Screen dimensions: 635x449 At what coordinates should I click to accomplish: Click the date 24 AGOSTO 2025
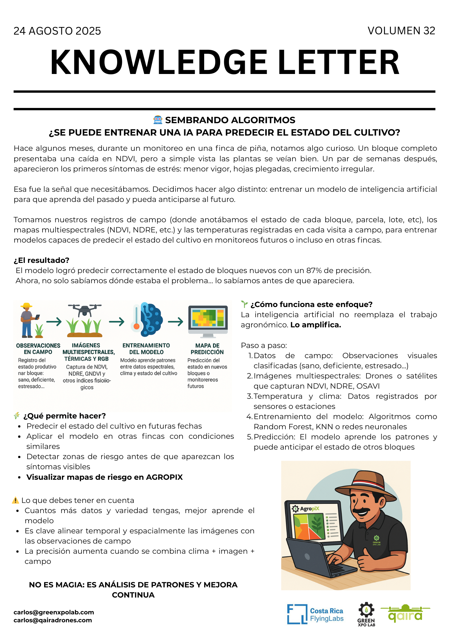[x=57, y=31]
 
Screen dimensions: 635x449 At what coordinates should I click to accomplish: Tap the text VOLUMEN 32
[x=401, y=31]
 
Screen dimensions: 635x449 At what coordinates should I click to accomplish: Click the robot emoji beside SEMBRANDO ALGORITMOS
[x=158, y=120]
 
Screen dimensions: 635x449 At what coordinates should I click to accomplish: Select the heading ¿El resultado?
[x=41, y=260]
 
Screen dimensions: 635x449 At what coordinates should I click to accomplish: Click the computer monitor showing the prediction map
[x=208, y=321]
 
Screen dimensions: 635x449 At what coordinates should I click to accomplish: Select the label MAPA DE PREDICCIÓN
[x=207, y=349]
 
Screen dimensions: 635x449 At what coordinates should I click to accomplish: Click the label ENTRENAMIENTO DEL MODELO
[x=146, y=349]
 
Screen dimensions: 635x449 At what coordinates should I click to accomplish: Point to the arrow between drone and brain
[x=117, y=322]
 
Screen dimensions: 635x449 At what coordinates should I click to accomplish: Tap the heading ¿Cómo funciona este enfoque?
[x=311, y=304]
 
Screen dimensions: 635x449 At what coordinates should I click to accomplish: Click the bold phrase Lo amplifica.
[x=316, y=325]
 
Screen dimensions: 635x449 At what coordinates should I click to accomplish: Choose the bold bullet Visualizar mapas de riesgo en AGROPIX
[x=104, y=477]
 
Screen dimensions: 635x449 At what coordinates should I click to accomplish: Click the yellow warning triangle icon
[x=15, y=500]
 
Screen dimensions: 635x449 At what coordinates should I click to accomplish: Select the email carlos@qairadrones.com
[x=53, y=620]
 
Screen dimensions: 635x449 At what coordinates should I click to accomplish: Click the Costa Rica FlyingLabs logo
[x=315, y=614]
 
